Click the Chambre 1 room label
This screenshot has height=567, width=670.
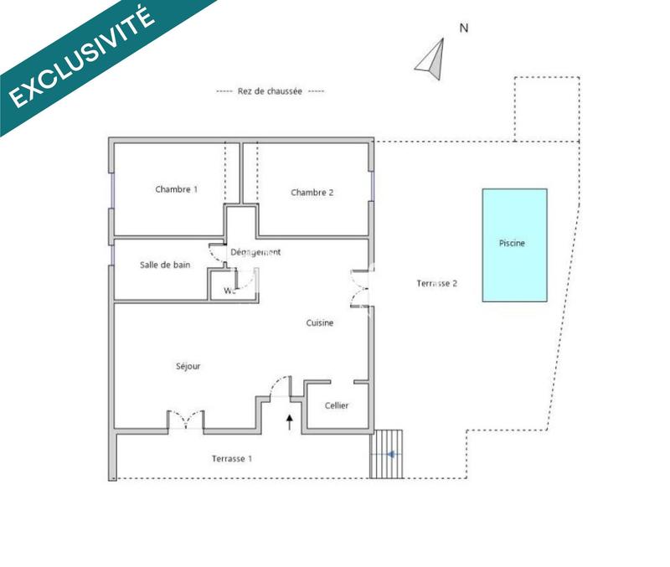176,189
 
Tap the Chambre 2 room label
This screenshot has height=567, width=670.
312,193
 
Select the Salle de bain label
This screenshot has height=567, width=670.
164,265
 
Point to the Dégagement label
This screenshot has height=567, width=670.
255,252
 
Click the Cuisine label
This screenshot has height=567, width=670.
320,323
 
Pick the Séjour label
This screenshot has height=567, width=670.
188,366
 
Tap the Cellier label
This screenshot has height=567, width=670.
337,406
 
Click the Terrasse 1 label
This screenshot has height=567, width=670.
232,459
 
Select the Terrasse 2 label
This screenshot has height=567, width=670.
436,283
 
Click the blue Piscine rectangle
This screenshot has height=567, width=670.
515,245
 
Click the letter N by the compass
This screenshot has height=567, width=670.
464,28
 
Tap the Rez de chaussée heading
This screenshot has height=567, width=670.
270,91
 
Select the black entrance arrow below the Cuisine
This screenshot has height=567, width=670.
291,420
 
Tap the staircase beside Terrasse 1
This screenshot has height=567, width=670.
387,454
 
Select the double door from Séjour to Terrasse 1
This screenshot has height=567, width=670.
185,420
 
